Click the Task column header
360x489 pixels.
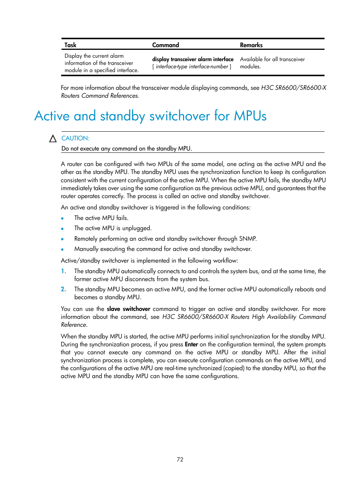(x=70, y=45)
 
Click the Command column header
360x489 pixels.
(x=165, y=45)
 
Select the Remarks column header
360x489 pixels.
(x=251, y=45)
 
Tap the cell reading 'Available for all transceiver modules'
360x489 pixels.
(x=272, y=63)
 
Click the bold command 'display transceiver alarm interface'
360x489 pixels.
(x=192, y=59)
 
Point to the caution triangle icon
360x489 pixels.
(x=53, y=138)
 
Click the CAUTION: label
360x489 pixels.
(x=75, y=138)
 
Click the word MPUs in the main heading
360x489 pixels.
(x=250, y=116)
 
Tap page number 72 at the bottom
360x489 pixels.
(x=180, y=459)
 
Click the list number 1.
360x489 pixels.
(x=63, y=271)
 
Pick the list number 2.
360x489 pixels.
(x=63, y=289)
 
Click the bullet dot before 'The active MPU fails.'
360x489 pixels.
(x=62, y=218)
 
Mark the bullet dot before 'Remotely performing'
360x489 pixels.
(x=62, y=239)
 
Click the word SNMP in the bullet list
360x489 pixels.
(x=248, y=238)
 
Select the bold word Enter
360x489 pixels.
(x=191, y=344)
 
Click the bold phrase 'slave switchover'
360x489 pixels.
(x=128, y=309)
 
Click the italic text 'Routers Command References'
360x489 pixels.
(x=100, y=96)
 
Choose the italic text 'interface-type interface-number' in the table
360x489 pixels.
(x=192, y=66)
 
